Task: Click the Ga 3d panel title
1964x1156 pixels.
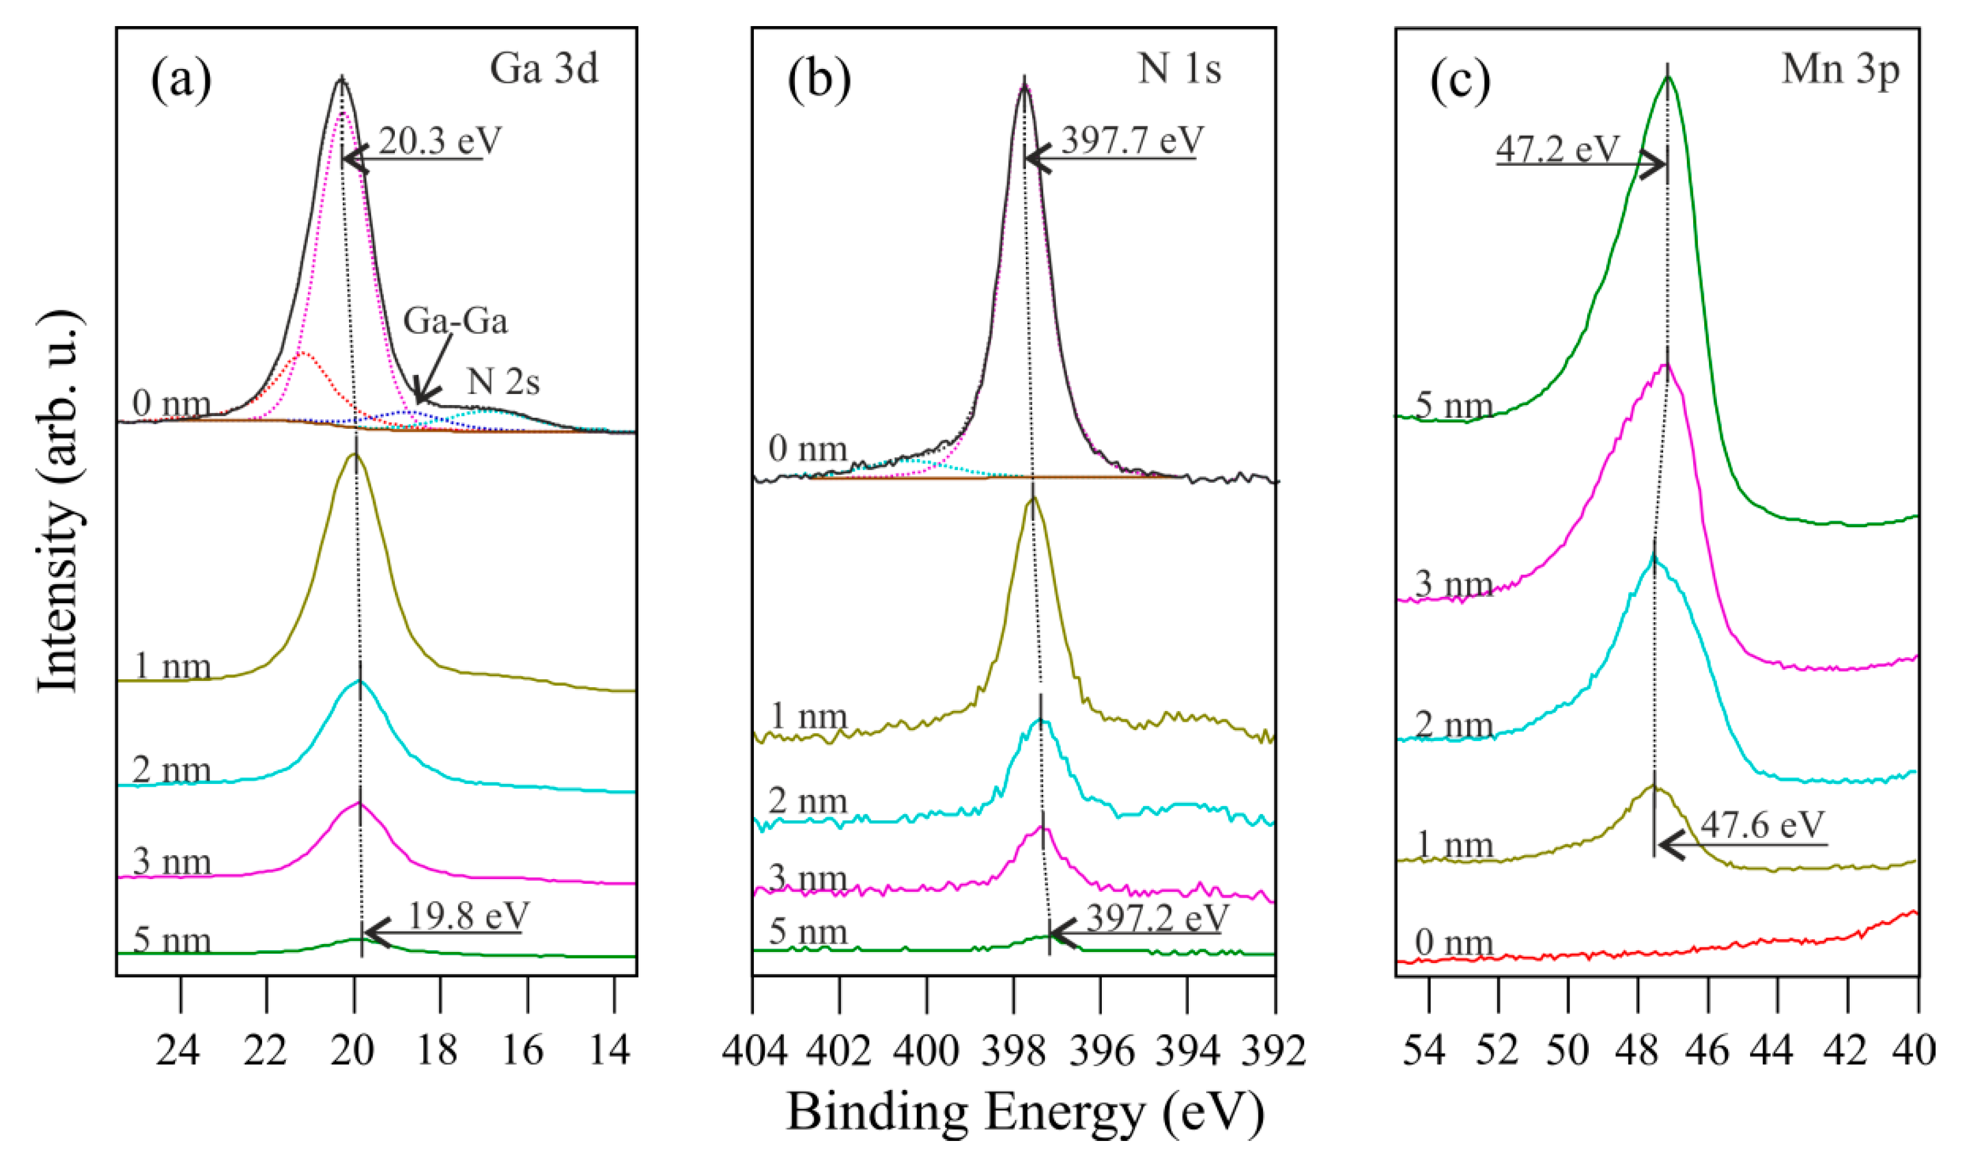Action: [x=543, y=68]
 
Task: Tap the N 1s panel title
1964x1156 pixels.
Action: [x=1178, y=68]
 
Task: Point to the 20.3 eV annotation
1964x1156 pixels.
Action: [x=440, y=141]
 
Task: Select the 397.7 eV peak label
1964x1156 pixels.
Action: [x=1132, y=141]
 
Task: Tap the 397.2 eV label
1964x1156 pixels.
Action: [x=1157, y=918]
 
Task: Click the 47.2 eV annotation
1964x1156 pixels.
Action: [x=1557, y=148]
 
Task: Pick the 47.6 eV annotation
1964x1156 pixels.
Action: [x=1762, y=824]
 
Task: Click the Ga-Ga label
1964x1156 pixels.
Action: [x=455, y=321]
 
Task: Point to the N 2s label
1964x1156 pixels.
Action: [x=503, y=382]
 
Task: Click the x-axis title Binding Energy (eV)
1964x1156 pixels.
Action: [x=1024, y=1113]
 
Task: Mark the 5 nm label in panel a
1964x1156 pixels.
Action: [x=172, y=941]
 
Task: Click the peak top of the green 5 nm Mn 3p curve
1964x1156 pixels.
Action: [x=1667, y=76]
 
